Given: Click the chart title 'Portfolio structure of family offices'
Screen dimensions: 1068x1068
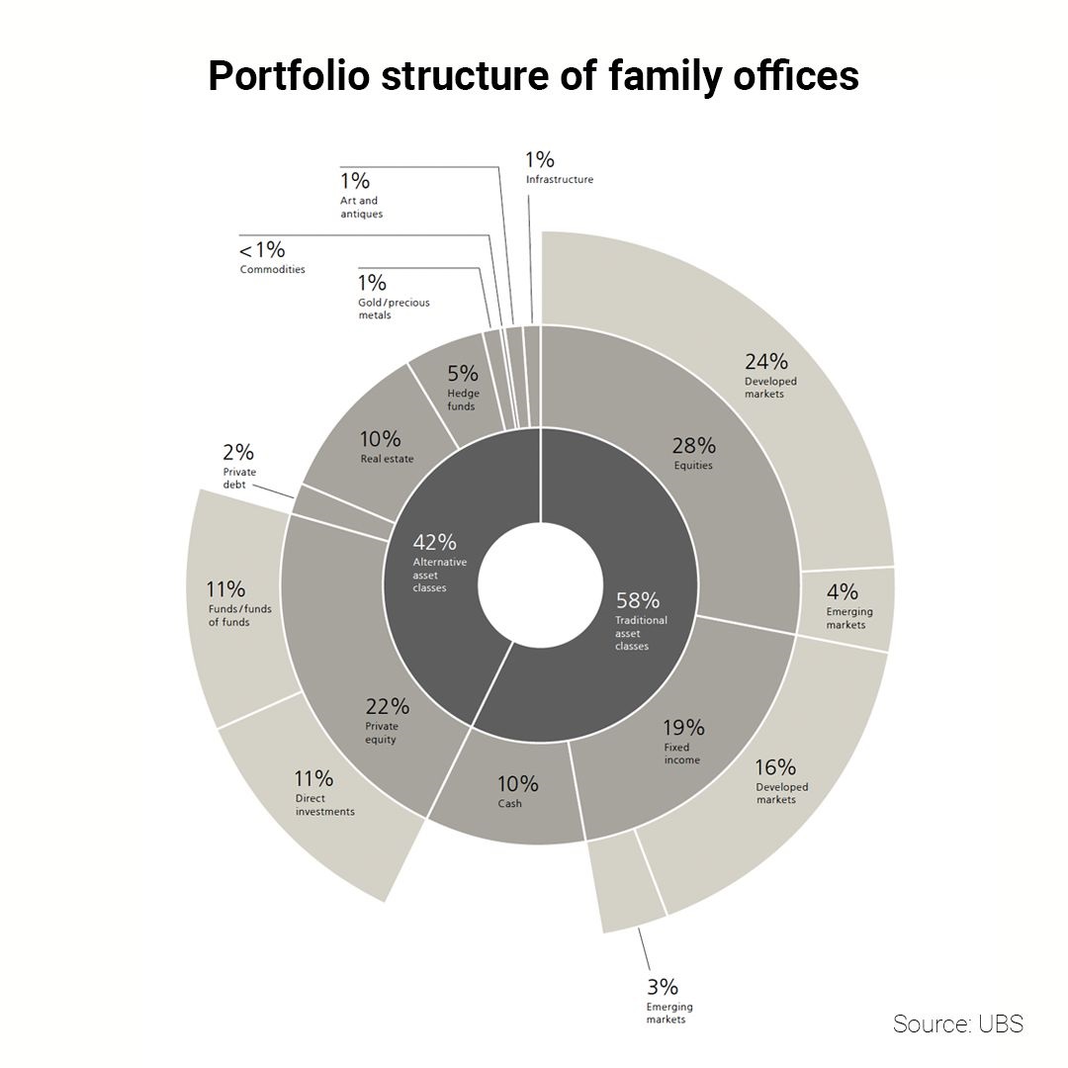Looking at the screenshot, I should pyautogui.click(x=533, y=76).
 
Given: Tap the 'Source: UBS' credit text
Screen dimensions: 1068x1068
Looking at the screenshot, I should pyautogui.click(x=957, y=1023).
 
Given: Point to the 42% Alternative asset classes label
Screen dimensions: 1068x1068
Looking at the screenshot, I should pyautogui.click(x=437, y=562).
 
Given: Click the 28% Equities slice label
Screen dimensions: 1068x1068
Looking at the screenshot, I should pyautogui.click(x=693, y=452).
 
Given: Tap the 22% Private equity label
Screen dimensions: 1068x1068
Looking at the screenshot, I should pyautogui.click(x=385, y=719).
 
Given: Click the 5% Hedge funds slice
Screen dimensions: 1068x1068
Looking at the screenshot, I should pyautogui.click(x=462, y=386).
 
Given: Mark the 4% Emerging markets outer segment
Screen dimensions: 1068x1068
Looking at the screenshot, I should pyautogui.click(x=848, y=605).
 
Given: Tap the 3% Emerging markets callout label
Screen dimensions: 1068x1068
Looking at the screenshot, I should pyautogui.click(x=664, y=999).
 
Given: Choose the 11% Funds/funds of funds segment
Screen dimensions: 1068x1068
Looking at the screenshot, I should pyautogui.click(x=236, y=602).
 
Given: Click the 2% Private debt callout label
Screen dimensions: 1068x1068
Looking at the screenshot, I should pyautogui.click(x=238, y=464).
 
